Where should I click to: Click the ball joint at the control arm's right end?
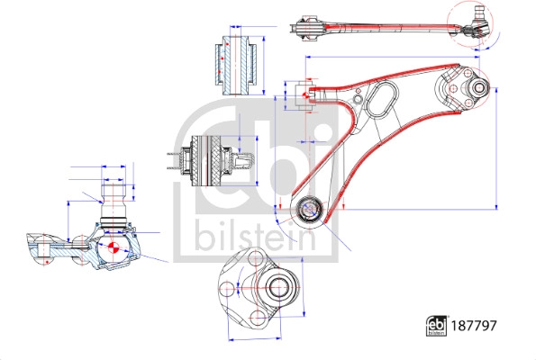(474, 89)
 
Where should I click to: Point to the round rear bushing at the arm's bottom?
(311, 210)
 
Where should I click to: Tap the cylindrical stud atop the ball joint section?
(114, 193)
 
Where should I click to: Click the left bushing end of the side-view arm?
(308, 30)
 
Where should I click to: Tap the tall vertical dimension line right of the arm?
(496, 135)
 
